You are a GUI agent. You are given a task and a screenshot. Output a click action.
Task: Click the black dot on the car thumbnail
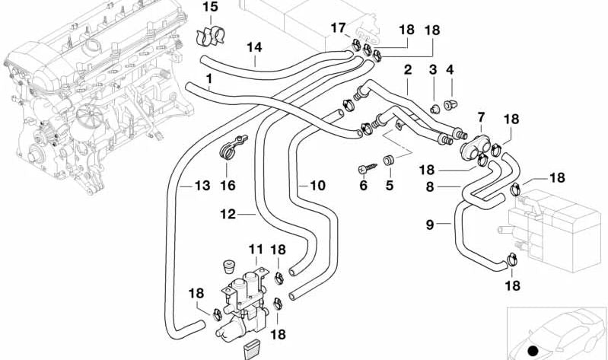[533, 351]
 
